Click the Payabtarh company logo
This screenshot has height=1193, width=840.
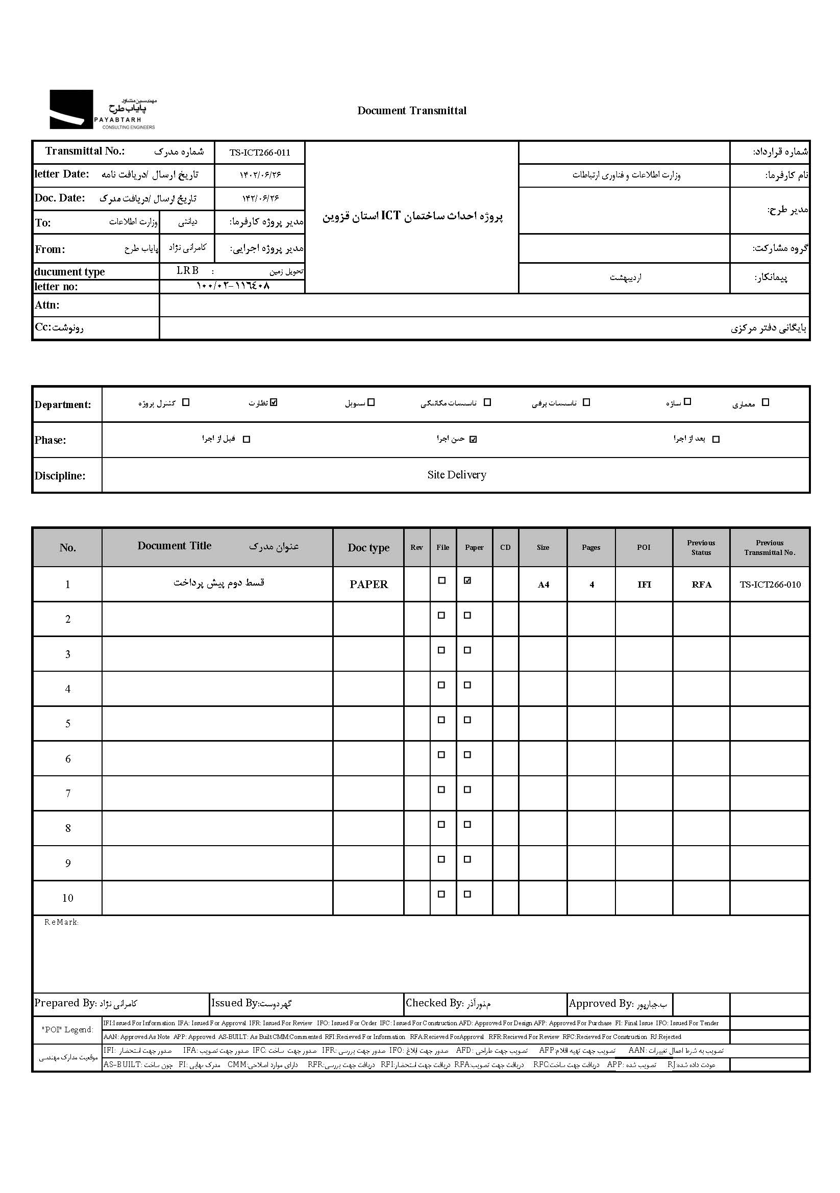pyautogui.click(x=103, y=110)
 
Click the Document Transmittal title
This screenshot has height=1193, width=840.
pyautogui.click(x=412, y=111)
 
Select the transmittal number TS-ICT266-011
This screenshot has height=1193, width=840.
pyautogui.click(x=260, y=153)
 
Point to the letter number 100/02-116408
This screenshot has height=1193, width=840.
pyautogui.click(x=233, y=286)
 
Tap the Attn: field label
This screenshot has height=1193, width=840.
pyautogui.click(x=47, y=305)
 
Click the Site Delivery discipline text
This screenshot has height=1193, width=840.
pyautogui.click(x=456, y=475)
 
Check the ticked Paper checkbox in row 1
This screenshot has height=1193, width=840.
pyautogui.click(x=467, y=581)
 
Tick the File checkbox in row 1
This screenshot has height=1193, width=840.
pyautogui.click(x=442, y=581)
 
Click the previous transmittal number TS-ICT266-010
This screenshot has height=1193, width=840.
pyautogui.click(x=770, y=585)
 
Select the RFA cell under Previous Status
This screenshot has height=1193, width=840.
pyautogui.click(x=701, y=585)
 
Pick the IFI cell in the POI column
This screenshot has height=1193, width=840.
pyautogui.click(x=644, y=585)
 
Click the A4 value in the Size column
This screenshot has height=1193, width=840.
pyautogui.click(x=543, y=585)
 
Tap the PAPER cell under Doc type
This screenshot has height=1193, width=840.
pyautogui.click(x=368, y=585)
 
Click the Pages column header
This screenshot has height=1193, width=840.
pyautogui.click(x=591, y=548)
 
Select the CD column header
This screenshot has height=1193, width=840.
pyautogui.click(x=505, y=548)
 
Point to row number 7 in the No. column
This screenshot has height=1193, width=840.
pyautogui.click(x=67, y=794)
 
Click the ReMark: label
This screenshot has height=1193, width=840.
pyautogui.click(x=61, y=922)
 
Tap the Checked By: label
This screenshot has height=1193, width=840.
pyautogui.click(x=433, y=1003)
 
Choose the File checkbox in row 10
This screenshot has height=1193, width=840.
pyautogui.click(x=441, y=894)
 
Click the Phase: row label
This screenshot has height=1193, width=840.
pyautogui.click(x=51, y=440)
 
